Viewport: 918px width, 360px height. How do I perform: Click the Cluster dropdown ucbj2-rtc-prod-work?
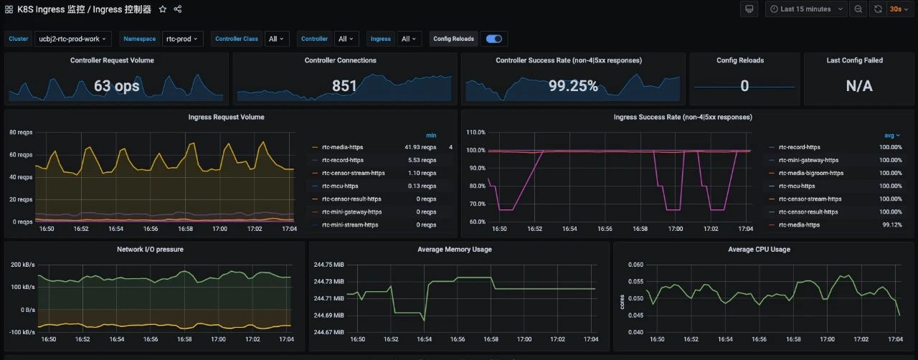click(72, 39)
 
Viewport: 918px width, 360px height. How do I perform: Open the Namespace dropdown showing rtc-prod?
click(182, 39)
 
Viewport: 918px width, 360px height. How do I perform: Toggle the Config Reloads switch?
click(494, 39)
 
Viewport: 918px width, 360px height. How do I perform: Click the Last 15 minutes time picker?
click(806, 9)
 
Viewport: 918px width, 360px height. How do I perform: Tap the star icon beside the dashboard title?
click(163, 9)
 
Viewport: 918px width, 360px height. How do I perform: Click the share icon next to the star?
click(177, 9)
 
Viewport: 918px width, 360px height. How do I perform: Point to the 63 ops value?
click(117, 85)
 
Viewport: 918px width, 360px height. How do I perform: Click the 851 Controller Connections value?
click(344, 85)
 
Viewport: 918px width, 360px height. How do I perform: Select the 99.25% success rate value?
click(573, 85)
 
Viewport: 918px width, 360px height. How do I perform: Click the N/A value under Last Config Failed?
click(859, 85)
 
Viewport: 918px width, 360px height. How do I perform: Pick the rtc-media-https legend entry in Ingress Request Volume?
click(343, 147)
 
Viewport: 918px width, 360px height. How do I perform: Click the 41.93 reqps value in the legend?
click(420, 147)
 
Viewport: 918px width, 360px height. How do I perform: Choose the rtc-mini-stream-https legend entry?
click(350, 224)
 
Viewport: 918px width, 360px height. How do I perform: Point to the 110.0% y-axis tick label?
click(475, 132)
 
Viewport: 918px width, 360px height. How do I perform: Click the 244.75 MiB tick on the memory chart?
click(328, 265)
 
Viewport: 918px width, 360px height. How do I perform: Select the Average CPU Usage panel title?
click(759, 250)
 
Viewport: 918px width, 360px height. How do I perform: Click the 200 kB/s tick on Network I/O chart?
click(22, 265)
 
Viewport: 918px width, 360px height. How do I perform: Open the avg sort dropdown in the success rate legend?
click(891, 136)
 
